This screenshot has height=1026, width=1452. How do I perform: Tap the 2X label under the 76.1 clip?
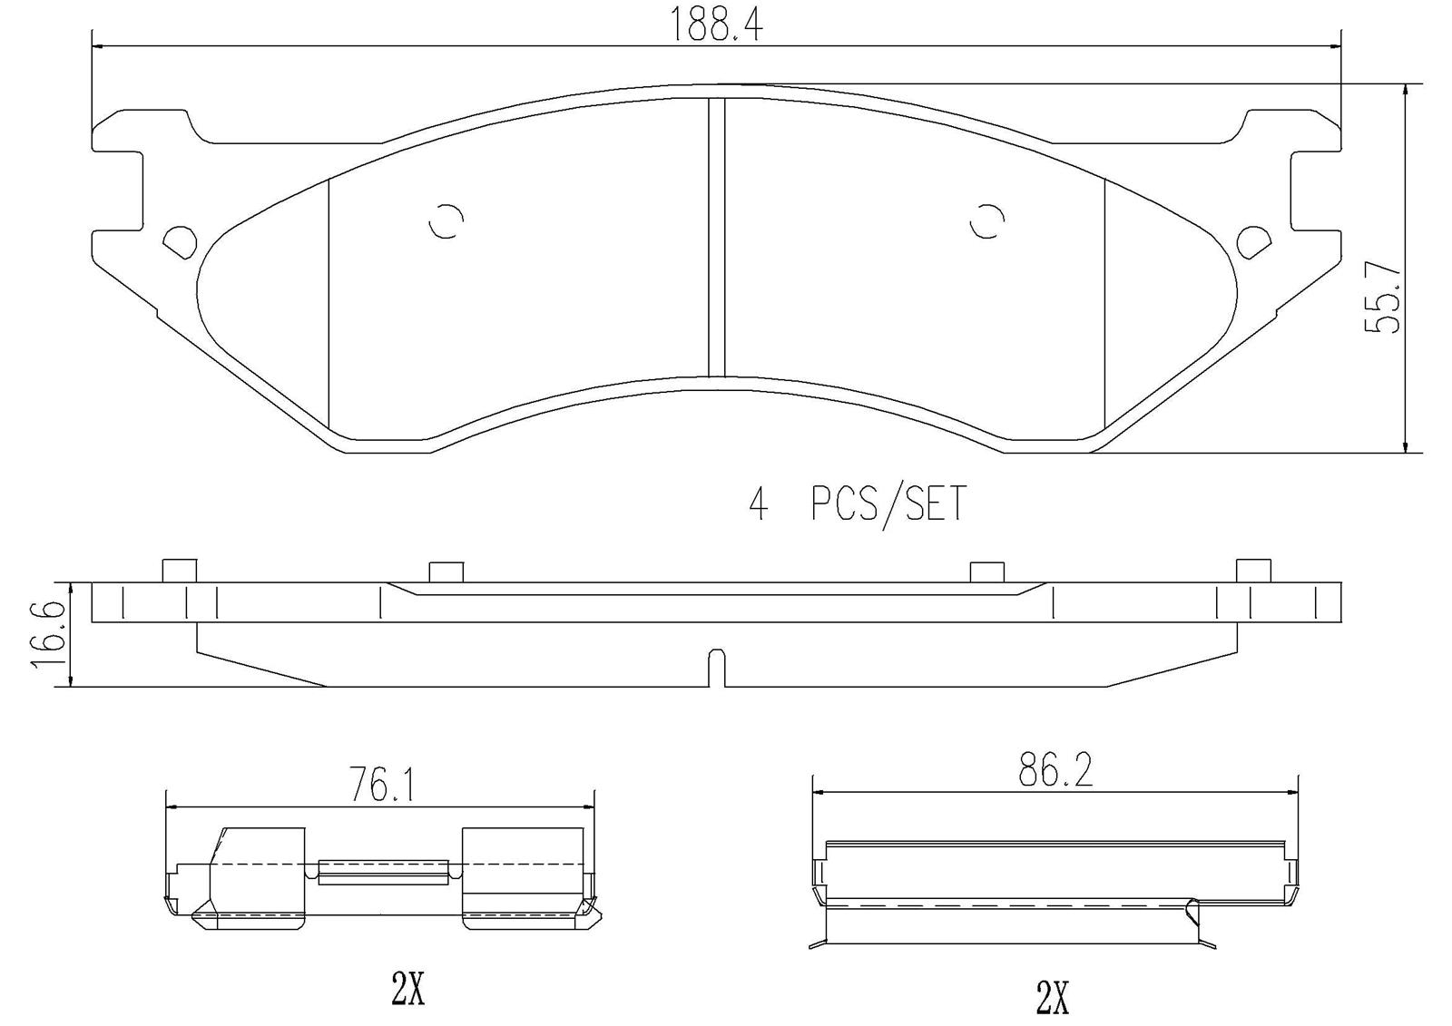[407, 989]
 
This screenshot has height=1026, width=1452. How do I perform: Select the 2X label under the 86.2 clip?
[1052, 997]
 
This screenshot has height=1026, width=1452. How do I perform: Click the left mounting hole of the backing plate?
[179, 244]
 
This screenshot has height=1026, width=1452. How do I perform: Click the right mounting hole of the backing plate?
[1254, 244]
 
